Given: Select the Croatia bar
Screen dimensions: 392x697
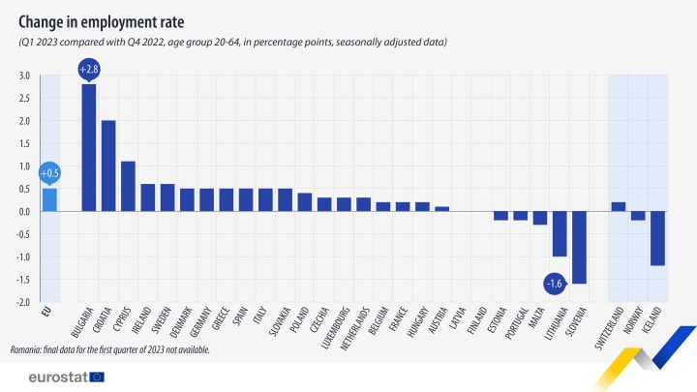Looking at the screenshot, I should click(108, 166).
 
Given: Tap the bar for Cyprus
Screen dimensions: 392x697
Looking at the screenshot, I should click(128, 186).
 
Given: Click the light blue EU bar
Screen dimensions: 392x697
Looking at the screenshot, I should click(49, 199).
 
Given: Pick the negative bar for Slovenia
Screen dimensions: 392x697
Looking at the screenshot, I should click(579, 247).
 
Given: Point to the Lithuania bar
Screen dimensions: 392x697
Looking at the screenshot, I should click(560, 233).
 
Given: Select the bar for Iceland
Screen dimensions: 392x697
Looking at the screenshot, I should click(657, 238).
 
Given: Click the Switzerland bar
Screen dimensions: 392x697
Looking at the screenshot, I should click(619, 206).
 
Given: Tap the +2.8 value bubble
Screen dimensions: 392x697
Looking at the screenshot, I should click(89, 68).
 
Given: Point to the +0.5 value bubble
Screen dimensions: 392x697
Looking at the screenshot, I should click(49, 172).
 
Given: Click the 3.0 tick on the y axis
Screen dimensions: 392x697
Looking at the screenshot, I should click(23, 75).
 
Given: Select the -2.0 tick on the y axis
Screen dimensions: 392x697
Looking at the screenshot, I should click(22, 302).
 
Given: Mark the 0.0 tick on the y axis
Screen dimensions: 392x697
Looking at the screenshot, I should click(23, 211).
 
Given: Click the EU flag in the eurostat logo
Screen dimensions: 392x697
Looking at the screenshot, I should click(96, 376).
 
